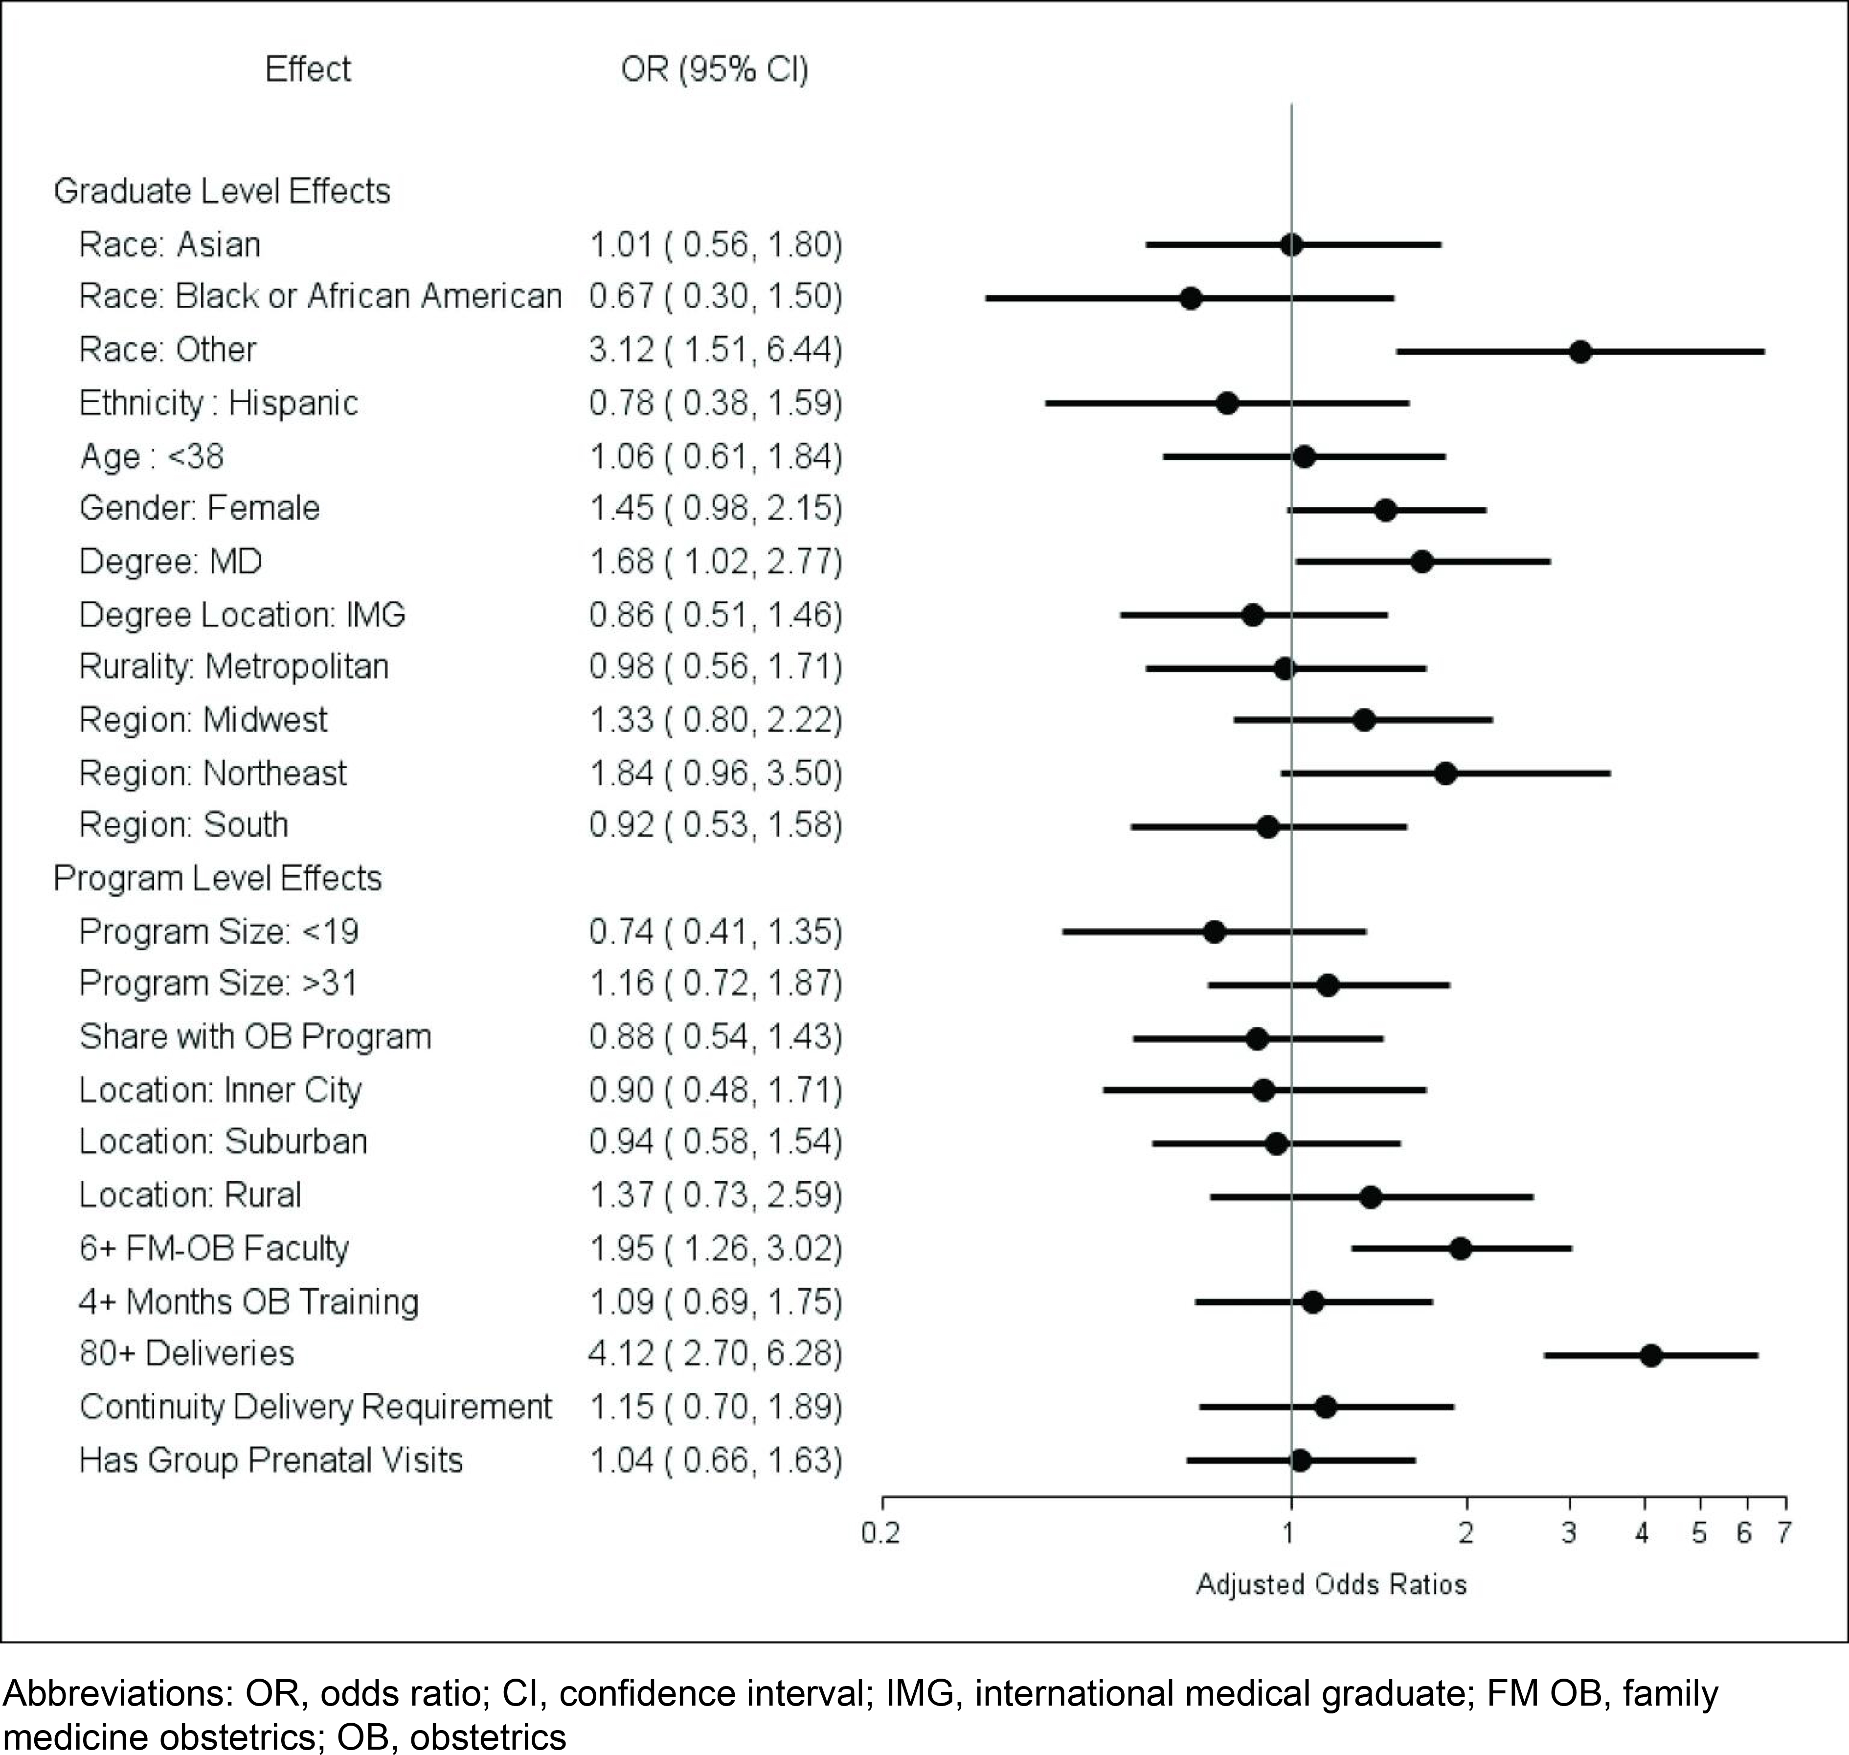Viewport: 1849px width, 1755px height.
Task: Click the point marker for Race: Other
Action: tap(1579, 352)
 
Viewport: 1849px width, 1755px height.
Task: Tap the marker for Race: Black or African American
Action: tap(1191, 298)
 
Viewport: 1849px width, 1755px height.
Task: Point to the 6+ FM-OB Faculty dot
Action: tap(1460, 1248)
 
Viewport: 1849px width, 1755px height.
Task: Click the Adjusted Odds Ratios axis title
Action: tap(1331, 1584)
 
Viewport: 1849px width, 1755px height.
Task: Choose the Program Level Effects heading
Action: tap(217, 878)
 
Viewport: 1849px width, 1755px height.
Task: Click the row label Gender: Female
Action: tap(199, 508)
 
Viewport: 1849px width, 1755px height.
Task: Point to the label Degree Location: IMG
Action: tap(242, 615)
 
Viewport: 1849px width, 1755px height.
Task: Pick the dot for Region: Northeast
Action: tap(1445, 774)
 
